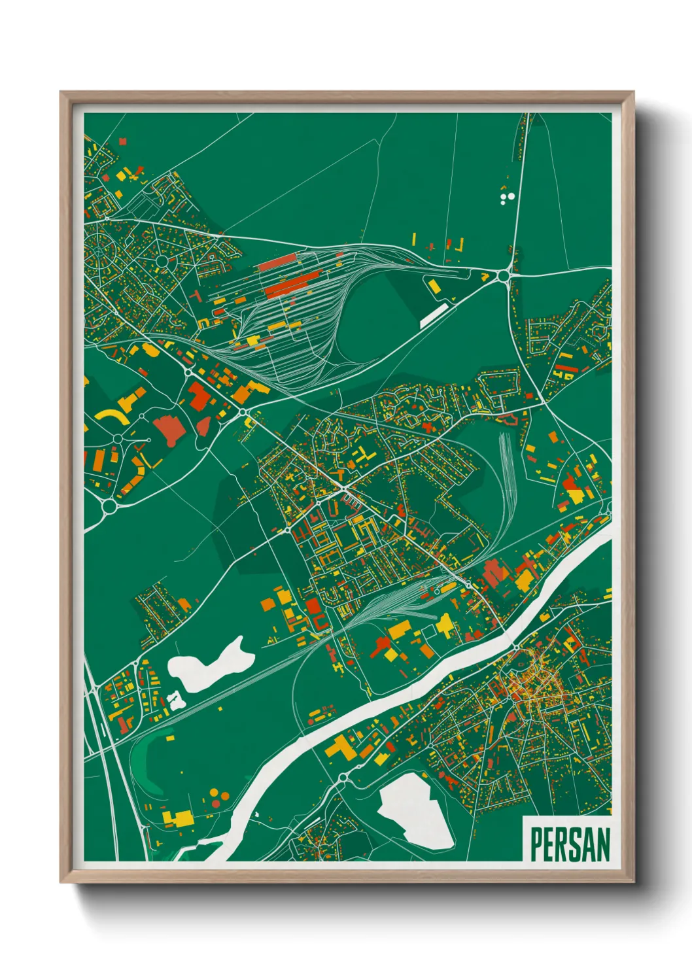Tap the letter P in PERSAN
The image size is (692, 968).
pos(536,844)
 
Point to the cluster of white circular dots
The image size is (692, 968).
pos(507,198)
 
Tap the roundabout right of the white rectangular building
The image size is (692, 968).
pos(503,276)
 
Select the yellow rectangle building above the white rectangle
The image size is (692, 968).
pos(434,286)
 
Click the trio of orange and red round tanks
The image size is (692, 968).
pos(218,796)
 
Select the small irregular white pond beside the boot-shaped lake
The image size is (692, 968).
pos(175,702)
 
